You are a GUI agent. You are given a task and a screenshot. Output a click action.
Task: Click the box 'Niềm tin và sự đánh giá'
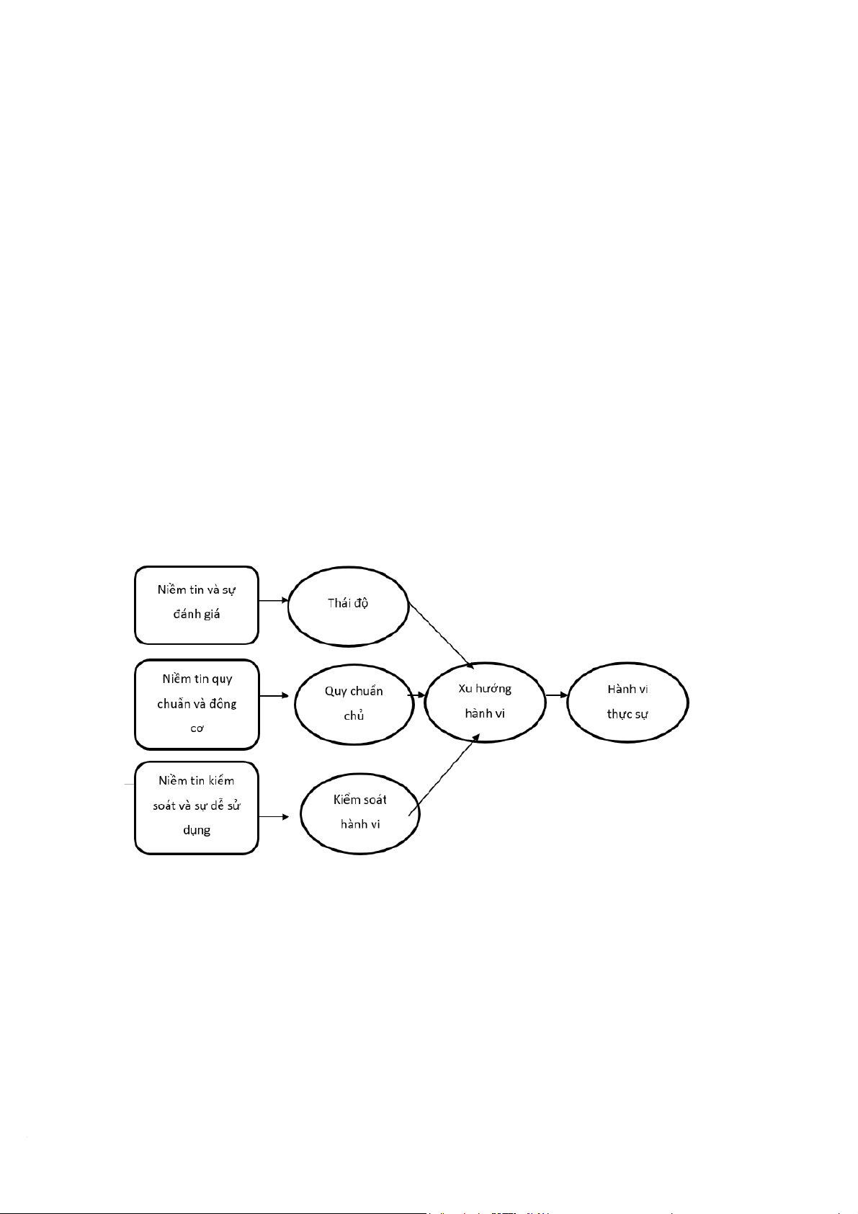point(196,604)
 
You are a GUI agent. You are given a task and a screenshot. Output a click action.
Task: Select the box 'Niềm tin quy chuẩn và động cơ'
point(197,704)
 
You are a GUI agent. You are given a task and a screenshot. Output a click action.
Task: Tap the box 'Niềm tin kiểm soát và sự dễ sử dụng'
point(197,808)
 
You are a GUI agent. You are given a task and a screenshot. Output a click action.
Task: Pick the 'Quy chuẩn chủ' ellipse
point(354,704)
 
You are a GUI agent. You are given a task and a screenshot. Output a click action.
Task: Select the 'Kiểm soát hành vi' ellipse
point(359,813)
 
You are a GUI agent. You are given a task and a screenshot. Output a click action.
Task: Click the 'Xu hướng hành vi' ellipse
point(485,701)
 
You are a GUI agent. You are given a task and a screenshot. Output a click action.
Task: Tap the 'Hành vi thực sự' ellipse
point(627,701)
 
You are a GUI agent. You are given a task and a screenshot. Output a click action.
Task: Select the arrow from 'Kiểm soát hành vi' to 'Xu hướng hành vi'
point(445,775)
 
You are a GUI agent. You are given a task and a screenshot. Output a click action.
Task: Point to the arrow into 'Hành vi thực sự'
point(556,696)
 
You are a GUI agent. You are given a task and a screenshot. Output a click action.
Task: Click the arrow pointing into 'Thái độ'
point(273,600)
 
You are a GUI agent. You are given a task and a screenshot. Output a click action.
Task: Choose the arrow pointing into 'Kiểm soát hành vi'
point(274,816)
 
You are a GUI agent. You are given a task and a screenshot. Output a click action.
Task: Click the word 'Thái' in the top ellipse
point(338,603)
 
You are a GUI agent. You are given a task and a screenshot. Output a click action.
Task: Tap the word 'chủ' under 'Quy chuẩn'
point(354,716)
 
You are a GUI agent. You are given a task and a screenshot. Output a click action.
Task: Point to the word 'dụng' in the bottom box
point(197,830)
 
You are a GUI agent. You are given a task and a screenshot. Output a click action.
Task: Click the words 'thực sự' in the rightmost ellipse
point(627,714)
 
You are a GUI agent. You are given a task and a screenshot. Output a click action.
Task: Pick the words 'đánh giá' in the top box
point(197,615)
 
